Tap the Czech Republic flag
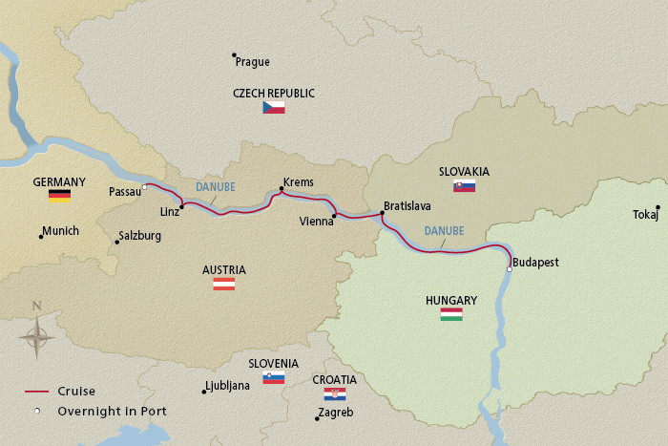pyautogui.click(x=274, y=108)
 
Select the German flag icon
pyautogui.click(x=59, y=196)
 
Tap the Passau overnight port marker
pyautogui.click(x=144, y=186)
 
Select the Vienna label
pyautogui.click(x=316, y=221)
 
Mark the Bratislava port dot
pyautogui.click(x=382, y=213)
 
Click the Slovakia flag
pyautogui.click(x=464, y=186)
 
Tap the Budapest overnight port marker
pyautogui.click(x=510, y=269)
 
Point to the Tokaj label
pyautogui.click(x=645, y=215)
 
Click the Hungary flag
pyautogui.click(x=450, y=314)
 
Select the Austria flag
pyautogui.click(x=223, y=284)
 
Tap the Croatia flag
pyautogui.click(x=334, y=393)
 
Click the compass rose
pyautogui.click(x=37, y=335)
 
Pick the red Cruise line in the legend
pyautogui.click(x=37, y=392)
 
